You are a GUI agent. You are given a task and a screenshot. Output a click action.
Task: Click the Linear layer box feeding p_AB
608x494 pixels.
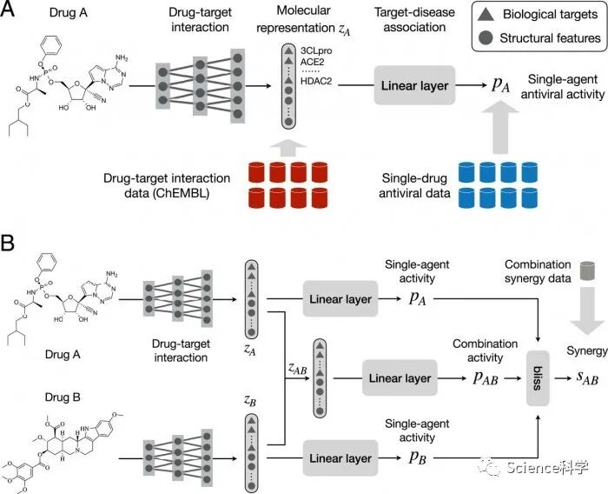(x=399, y=378)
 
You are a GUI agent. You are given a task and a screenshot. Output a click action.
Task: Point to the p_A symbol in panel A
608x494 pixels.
(x=474, y=85)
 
